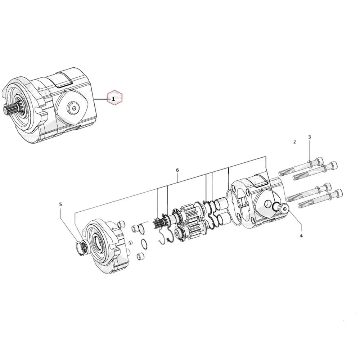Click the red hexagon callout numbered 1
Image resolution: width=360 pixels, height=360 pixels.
pyautogui.click(x=115, y=98)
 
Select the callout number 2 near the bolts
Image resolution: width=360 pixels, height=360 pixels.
pyautogui.click(x=294, y=142)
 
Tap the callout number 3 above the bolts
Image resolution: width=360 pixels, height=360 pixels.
pyautogui.click(x=309, y=137)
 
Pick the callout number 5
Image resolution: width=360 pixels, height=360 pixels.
pyautogui.click(x=60, y=204)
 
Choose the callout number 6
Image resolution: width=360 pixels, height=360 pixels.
pyautogui.click(x=177, y=170)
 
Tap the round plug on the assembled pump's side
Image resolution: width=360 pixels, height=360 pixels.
pyautogui.click(x=74, y=108)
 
